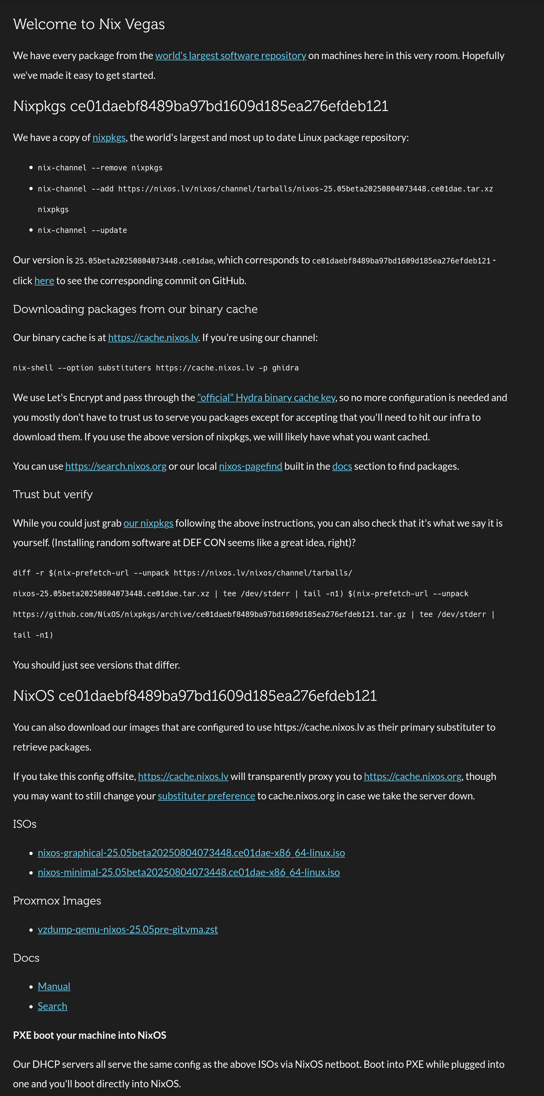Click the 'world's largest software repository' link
[230, 56]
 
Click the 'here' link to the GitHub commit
[44, 281]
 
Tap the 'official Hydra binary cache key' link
[266, 398]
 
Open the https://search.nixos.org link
[116, 466]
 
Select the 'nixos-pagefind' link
[250, 466]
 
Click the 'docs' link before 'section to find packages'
[342, 466]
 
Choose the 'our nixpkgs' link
[148, 523]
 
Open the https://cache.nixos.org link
[412, 777]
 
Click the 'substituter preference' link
[206, 796]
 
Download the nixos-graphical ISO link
[191, 853]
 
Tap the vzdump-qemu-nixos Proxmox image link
[128, 930]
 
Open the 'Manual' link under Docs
[54, 987]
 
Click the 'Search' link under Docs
[52, 1006]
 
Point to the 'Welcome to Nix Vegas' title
[89, 24]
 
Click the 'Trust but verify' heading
[53, 494]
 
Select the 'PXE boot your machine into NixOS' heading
[89, 1035]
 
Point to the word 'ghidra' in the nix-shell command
[285, 368]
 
